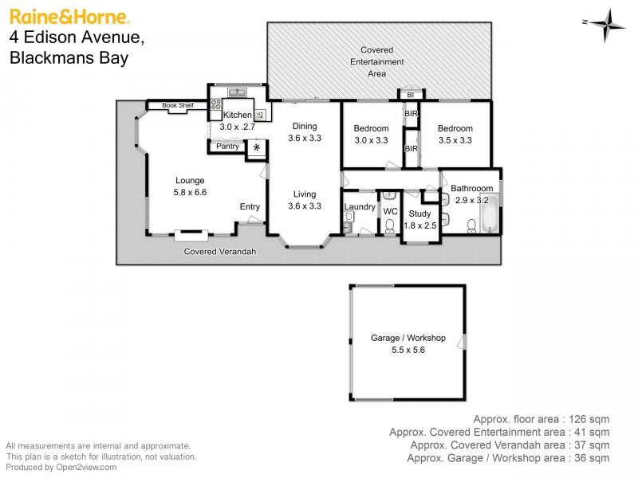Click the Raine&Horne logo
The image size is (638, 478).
click(x=69, y=17)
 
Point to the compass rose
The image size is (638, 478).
click(x=609, y=23)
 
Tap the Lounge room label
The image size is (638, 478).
click(x=189, y=180)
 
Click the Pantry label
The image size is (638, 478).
click(x=227, y=147)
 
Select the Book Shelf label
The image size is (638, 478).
click(x=178, y=105)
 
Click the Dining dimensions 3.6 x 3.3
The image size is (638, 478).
click(x=304, y=138)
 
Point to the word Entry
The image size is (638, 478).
click(x=250, y=207)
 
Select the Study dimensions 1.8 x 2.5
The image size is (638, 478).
click(x=419, y=225)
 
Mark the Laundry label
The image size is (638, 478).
click(x=360, y=207)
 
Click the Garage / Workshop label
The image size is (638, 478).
click(x=408, y=338)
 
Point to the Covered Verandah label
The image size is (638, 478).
click(x=220, y=252)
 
